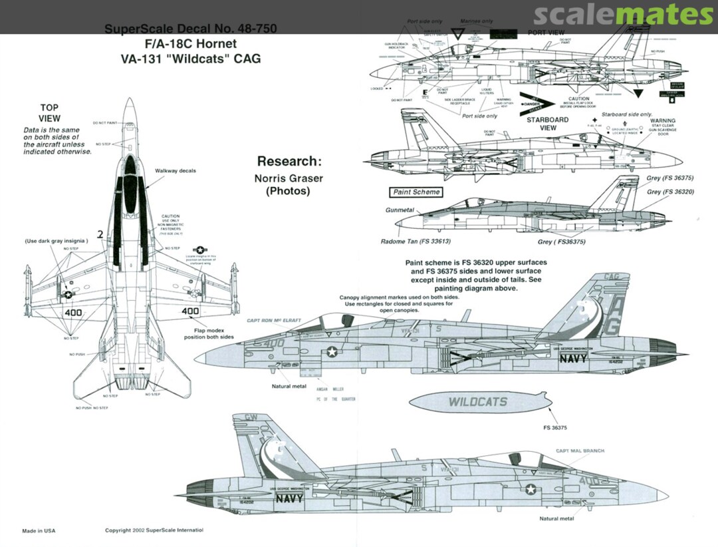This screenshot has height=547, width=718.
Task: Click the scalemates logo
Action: point(623,15)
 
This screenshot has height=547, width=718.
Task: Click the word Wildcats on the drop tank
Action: point(477,402)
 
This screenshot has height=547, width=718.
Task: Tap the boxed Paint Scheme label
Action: point(416,192)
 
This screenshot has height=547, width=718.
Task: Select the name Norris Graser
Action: point(289,178)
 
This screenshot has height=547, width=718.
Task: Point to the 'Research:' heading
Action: point(289,161)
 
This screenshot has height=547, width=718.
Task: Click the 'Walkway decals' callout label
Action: point(176,171)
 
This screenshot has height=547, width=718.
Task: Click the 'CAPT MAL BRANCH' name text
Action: point(580,451)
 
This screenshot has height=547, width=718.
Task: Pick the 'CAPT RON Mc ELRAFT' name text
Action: point(273,321)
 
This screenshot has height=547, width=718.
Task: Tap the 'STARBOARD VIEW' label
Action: point(548,124)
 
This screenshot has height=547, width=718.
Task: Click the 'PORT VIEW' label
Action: point(546,33)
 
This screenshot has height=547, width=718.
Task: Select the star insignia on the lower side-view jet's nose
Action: point(531,490)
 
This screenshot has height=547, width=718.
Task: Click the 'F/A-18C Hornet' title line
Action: point(190,44)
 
